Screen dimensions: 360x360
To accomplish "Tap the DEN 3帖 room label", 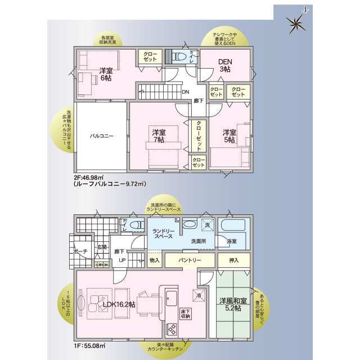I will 225,66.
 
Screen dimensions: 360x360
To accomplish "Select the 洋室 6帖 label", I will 105,74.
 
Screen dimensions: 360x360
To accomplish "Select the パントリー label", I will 190,260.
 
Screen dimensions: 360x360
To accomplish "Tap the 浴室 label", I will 232,241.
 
